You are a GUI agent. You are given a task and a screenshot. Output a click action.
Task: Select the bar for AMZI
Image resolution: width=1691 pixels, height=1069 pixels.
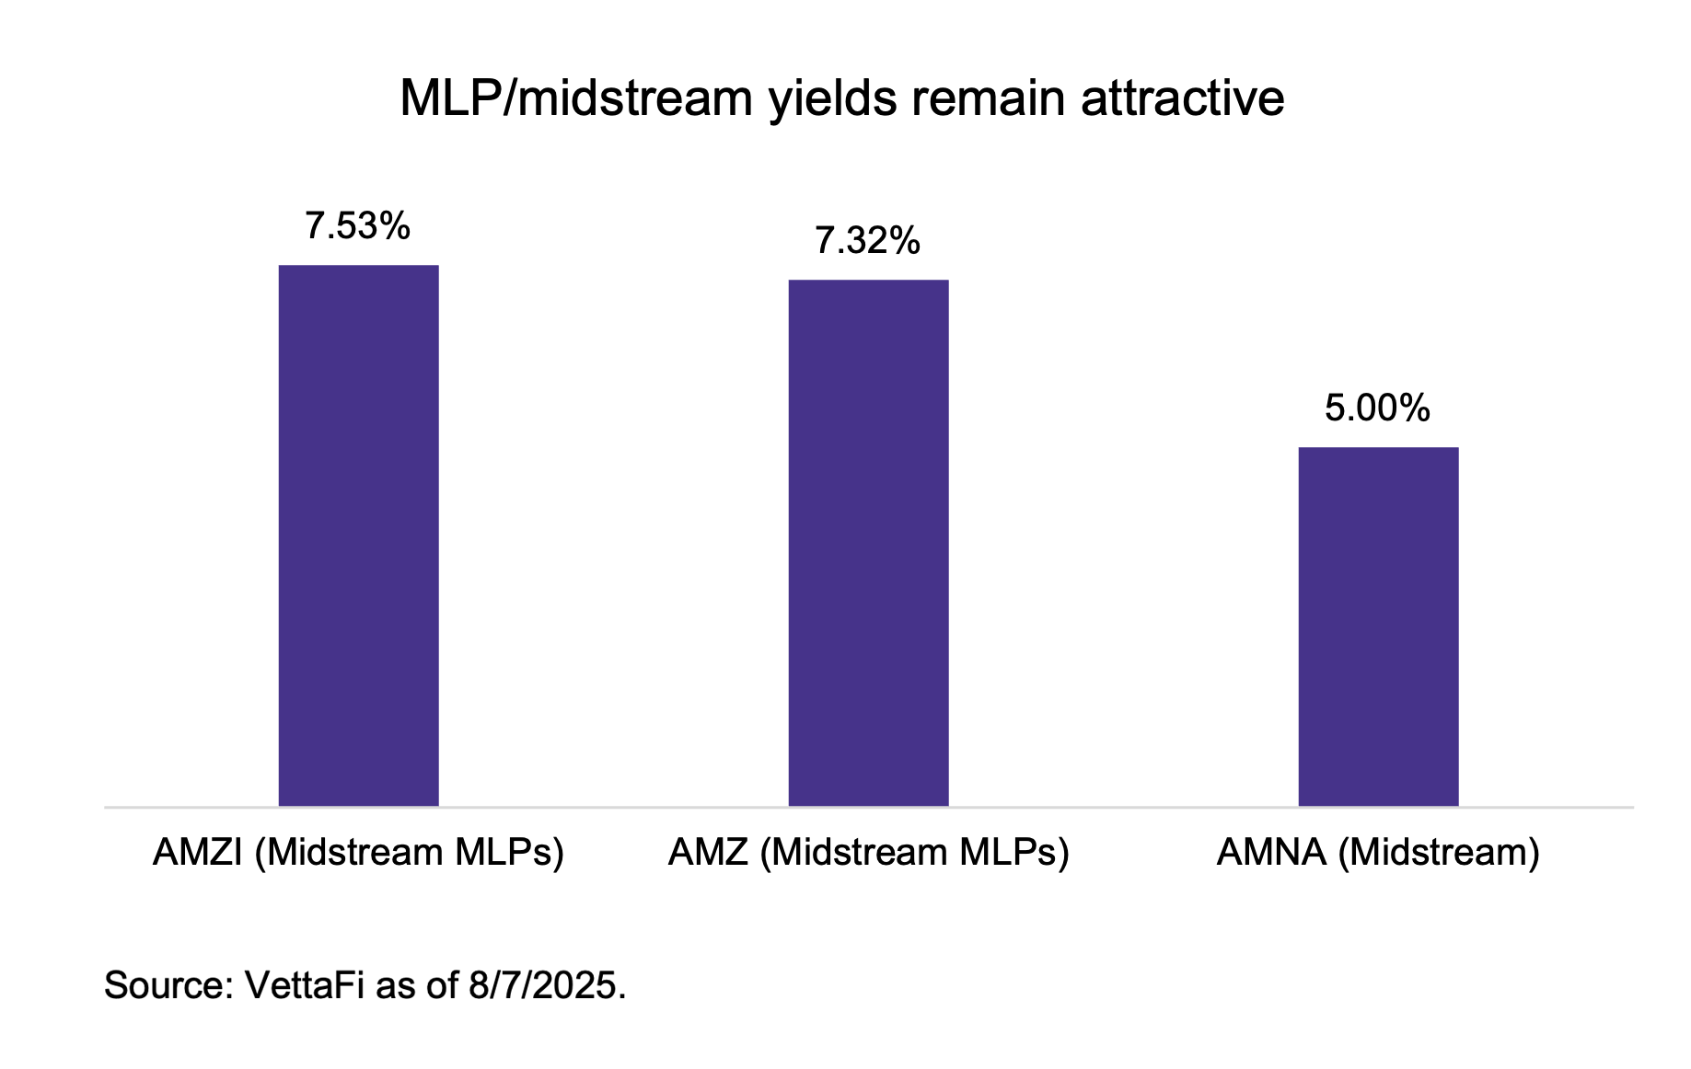tap(358, 535)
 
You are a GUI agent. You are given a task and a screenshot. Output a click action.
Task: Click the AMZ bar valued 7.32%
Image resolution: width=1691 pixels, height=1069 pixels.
tap(868, 543)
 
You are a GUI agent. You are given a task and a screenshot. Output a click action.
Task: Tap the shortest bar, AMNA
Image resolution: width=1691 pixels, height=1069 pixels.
tap(1378, 626)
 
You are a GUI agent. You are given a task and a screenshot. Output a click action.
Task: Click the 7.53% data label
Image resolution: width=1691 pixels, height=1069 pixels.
tap(357, 226)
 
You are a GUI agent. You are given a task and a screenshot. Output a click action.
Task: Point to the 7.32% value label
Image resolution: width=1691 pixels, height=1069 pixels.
tap(867, 241)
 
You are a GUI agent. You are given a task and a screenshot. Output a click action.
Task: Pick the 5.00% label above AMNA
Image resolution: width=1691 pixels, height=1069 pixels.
tap(1377, 408)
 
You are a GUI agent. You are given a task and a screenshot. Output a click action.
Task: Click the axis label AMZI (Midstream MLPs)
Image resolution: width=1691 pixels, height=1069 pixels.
tap(358, 853)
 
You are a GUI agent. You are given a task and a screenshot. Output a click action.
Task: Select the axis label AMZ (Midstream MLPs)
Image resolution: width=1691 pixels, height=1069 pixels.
tap(868, 853)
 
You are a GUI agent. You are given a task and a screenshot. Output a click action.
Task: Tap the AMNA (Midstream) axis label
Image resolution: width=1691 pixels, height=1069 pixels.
tap(1378, 853)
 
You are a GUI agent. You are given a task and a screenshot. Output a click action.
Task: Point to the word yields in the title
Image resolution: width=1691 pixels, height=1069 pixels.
tap(833, 98)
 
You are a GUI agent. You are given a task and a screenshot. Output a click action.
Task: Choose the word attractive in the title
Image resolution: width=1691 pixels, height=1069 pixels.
tap(1182, 98)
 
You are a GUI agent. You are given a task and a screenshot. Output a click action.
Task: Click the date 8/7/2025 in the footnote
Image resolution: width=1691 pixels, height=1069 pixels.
tap(543, 985)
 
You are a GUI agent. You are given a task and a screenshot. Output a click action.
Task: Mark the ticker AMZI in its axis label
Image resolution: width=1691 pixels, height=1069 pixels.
tap(197, 853)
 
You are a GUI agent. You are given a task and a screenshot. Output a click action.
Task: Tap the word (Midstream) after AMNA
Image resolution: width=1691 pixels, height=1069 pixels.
tap(1438, 853)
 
